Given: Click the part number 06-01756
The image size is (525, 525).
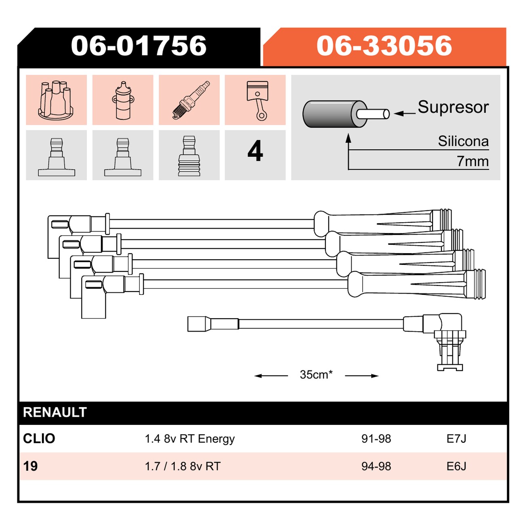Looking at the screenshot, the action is coord(139,46).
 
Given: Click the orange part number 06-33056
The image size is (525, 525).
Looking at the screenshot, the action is coord(384,46).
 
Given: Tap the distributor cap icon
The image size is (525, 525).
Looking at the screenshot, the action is coord(56,99).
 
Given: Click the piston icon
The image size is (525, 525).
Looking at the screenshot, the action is coord(257,101).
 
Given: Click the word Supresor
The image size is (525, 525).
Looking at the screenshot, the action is coord(453,107).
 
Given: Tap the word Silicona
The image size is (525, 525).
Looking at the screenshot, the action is coord(463,141).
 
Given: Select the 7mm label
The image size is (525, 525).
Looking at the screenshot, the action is coord(472,161).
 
